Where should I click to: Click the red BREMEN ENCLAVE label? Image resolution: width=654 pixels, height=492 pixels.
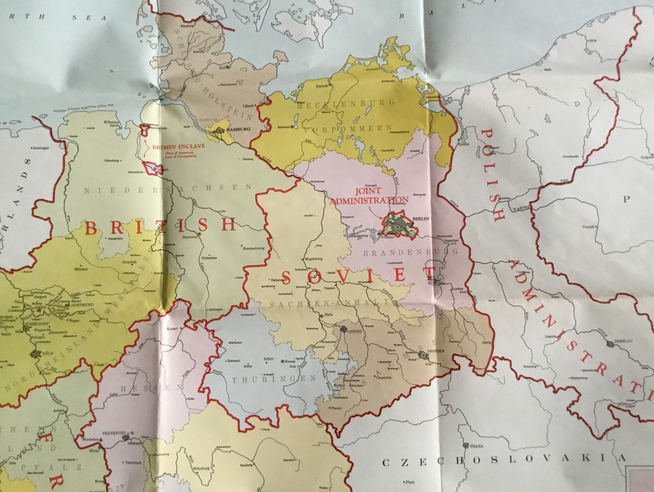coord(179,146)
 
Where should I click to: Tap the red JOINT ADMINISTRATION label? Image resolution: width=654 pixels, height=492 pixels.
coord(369,196)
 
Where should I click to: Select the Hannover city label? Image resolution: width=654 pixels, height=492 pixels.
coord(190,237)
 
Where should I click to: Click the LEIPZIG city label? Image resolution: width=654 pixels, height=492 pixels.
coord(354,332)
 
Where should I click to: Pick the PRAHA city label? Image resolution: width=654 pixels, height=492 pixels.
coord(476,446)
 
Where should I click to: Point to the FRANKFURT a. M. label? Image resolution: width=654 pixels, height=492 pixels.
coord(116,433)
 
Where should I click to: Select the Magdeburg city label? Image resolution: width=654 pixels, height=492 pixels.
coord(314,259)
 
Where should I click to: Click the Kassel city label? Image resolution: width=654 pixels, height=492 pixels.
coord(172,329)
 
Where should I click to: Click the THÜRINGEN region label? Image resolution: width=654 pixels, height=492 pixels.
coord(274,380)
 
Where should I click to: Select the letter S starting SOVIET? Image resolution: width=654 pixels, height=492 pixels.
coord(286,278)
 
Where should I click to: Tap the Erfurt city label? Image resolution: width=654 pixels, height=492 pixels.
coord(269,359)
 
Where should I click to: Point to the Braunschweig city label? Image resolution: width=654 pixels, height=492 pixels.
coord(253,248)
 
